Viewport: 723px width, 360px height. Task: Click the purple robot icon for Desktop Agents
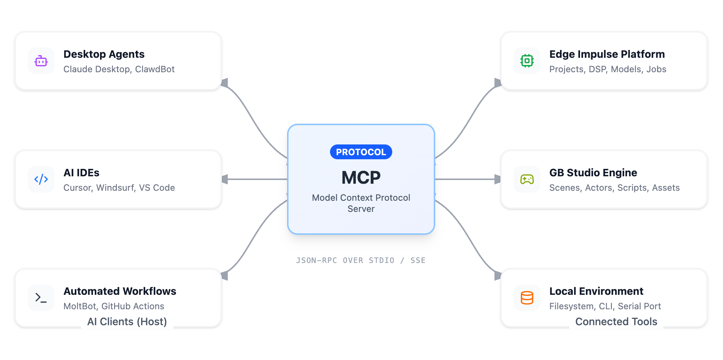[41, 61]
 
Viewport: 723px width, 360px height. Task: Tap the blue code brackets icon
[41, 180]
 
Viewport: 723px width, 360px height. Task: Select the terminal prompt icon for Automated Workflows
[41, 298]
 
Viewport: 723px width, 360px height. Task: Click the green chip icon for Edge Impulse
[527, 61]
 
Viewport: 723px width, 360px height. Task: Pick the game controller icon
[527, 180]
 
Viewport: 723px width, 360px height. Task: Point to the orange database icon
[527, 298]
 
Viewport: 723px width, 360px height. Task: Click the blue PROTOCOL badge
[361, 152]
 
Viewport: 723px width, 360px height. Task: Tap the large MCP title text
[361, 178]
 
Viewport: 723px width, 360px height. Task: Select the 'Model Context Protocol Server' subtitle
[361, 203]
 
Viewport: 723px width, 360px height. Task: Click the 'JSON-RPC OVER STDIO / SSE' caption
[361, 260]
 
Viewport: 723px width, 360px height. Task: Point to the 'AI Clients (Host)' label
[127, 321]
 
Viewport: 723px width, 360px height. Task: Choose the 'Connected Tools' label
[616, 321]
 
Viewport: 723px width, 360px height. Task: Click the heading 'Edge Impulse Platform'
[607, 54]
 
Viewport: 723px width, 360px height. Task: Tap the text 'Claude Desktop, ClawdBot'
[119, 69]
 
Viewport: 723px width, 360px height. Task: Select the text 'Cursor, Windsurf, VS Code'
[119, 188]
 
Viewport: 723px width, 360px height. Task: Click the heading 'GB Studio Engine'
[593, 173]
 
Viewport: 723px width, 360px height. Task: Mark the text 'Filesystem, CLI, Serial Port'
[605, 306]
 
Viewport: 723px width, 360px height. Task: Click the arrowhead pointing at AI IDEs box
[224, 180]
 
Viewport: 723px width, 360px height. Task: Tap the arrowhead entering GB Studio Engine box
[497, 180]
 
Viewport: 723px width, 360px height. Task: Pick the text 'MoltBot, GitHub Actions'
[114, 306]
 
